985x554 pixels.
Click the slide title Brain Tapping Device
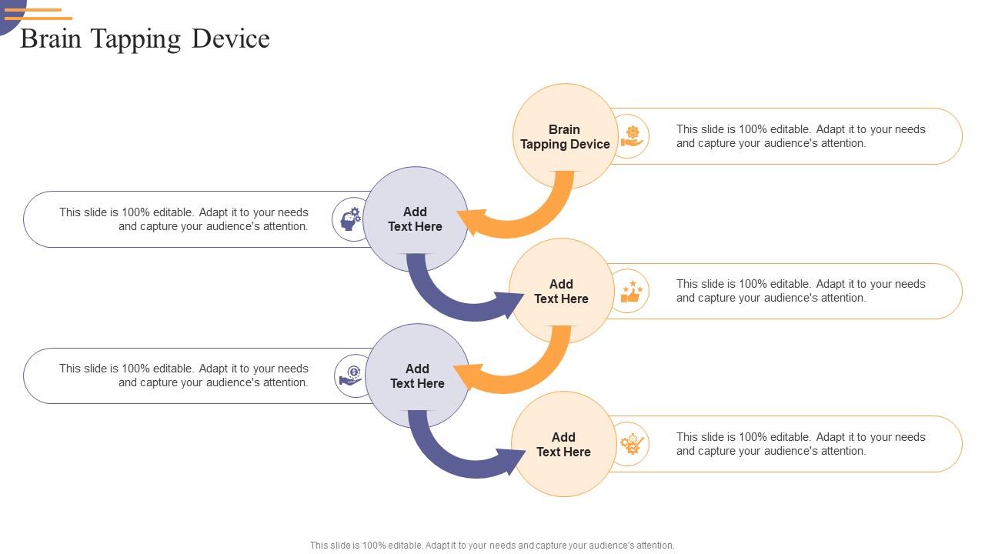click(x=145, y=38)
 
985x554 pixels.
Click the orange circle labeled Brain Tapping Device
click(x=565, y=136)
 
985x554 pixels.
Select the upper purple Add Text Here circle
click(x=415, y=219)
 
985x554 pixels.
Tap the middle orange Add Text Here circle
click(x=561, y=292)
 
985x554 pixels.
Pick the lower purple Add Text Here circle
click(x=417, y=376)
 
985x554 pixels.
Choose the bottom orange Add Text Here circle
click(x=563, y=445)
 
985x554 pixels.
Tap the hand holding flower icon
click(x=632, y=136)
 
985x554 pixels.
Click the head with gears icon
click(x=351, y=219)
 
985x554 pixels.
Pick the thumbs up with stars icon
click(x=631, y=292)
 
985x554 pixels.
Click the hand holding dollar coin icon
click(x=352, y=375)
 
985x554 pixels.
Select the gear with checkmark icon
click(x=632, y=444)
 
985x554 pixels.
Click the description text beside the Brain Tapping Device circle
click(x=800, y=136)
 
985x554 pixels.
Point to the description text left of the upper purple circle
click(x=184, y=219)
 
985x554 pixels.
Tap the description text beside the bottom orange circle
click(x=800, y=444)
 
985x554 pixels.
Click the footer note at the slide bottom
click(x=492, y=546)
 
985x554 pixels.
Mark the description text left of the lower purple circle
click(x=184, y=375)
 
